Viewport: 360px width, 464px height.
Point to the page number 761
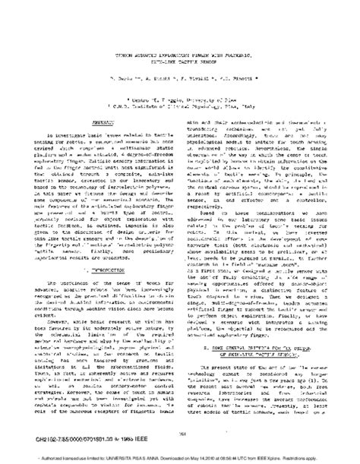pyautogui.click(x=180, y=433)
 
